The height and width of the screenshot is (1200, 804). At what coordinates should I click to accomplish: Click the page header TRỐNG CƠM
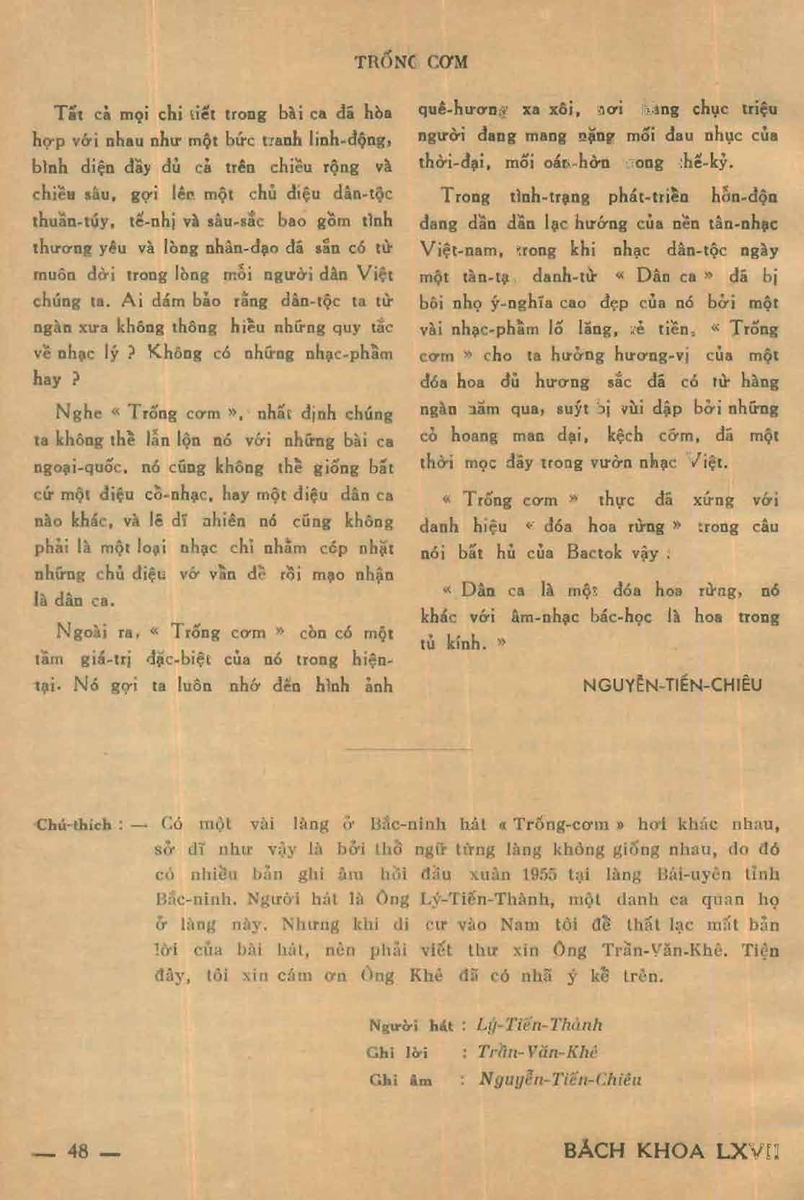pos(412,61)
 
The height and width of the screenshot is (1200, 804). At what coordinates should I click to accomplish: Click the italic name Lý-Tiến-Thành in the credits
pos(539,1025)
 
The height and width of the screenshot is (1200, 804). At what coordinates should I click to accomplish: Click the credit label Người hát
pos(411,1025)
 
